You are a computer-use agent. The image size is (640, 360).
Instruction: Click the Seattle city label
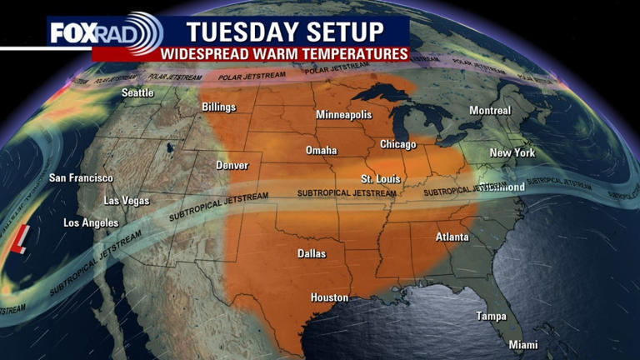point(137,92)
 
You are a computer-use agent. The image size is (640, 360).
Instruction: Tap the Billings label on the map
point(218,107)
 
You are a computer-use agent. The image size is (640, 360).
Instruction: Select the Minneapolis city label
point(343,114)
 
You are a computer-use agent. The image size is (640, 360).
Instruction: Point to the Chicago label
point(398,144)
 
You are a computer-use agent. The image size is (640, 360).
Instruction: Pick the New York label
point(512,152)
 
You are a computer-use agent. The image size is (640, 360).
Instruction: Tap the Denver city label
point(232,165)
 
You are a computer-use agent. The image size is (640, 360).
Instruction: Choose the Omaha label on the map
point(321,151)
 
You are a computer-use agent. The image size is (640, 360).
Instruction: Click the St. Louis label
point(378,178)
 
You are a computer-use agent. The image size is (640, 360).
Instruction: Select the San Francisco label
point(81,178)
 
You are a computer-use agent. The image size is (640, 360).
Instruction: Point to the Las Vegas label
point(126,201)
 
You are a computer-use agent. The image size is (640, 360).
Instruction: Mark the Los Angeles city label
point(91,223)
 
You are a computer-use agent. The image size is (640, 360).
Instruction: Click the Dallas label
point(311,253)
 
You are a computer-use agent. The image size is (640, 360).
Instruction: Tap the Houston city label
point(329,297)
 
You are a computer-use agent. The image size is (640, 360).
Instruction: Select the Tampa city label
point(491,316)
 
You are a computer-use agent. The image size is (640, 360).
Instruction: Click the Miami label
point(523,345)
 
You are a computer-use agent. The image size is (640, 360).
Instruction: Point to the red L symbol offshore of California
point(18,239)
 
